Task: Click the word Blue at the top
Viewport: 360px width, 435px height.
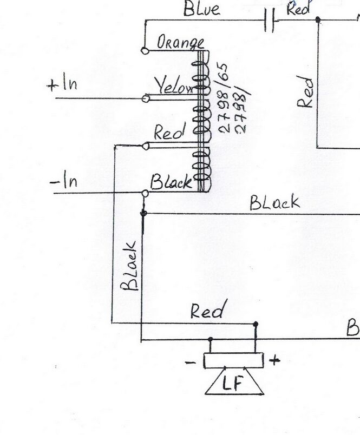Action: click(x=201, y=10)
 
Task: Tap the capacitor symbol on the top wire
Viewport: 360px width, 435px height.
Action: click(x=270, y=22)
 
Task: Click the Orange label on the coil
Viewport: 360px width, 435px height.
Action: click(x=180, y=43)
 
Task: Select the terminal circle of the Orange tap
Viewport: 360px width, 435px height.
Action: click(x=145, y=50)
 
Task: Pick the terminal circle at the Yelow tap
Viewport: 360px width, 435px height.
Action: click(x=145, y=98)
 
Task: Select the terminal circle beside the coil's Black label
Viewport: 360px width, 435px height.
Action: click(x=145, y=193)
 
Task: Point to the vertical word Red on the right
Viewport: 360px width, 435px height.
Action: click(x=307, y=93)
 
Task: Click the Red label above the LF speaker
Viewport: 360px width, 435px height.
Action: click(x=207, y=311)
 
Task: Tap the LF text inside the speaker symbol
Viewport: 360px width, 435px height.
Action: click(x=233, y=384)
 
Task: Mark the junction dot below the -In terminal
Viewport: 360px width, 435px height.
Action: click(x=143, y=214)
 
